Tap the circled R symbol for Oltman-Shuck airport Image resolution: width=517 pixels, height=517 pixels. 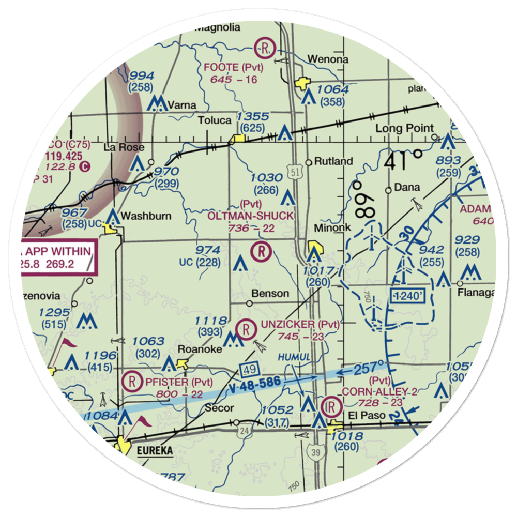tap(261, 252)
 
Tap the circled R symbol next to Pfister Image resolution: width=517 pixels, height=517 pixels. tap(133, 382)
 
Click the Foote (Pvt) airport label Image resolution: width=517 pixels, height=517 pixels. tap(233, 67)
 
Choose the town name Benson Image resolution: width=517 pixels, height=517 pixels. tap(270, 294)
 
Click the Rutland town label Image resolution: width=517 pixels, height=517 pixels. tap(334, 161)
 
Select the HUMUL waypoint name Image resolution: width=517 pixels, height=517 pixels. tap(294, 358)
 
